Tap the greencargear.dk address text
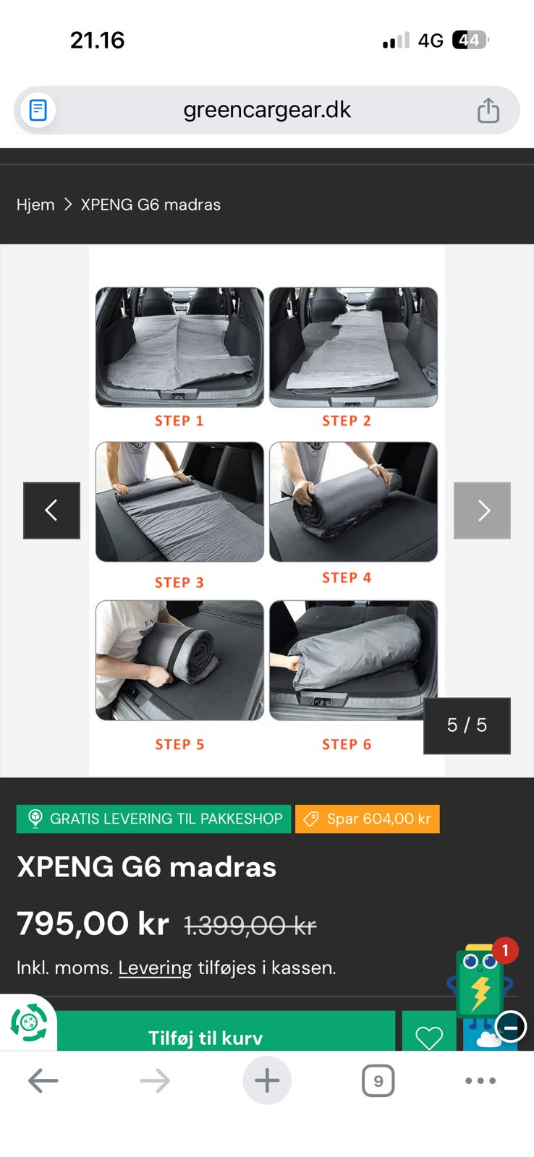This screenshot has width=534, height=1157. pos(267,110)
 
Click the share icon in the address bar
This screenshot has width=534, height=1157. pos(488,110)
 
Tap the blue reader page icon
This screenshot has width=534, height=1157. pos(38,110)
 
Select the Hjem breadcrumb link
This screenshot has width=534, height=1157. pos(35,205)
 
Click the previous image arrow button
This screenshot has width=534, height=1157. pos(51,511)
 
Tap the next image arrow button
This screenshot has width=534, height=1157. pos(482,511)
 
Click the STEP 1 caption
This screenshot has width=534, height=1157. pos(179,421)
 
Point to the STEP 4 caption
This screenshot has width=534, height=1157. pos(347,578)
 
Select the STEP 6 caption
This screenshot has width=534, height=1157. pos(347,744)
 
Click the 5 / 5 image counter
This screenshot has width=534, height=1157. pos(467,725)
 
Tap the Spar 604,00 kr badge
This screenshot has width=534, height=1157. pos(368,819)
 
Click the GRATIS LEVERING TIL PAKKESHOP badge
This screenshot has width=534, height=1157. pos(154,819)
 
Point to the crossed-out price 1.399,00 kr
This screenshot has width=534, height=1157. pos(250,925)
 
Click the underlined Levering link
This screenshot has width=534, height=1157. pos(155,968)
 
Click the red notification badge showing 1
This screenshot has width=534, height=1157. pos(505,950)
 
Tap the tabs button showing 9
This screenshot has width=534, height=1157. pos(378,1080)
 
